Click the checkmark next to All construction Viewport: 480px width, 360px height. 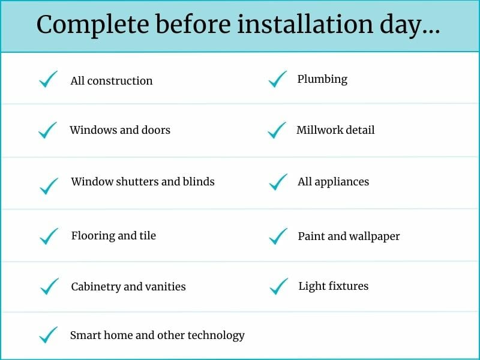click(x=48, y=79)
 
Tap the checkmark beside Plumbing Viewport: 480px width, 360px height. click(x=278, y=79)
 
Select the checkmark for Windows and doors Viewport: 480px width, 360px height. click(x=47, y=130)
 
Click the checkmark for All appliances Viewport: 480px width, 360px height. click(x=278, y=182)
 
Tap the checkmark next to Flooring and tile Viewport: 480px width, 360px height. click(x=49, y=236)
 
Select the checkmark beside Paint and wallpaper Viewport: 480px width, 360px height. click(x=278, y=236)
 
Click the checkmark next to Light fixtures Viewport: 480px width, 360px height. click(x=279, y=286)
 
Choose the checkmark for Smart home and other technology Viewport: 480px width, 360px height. click(x=48, y=335)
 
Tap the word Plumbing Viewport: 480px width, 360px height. click(x=322, y=79)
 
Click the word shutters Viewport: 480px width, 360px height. click(x=131, y=181)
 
